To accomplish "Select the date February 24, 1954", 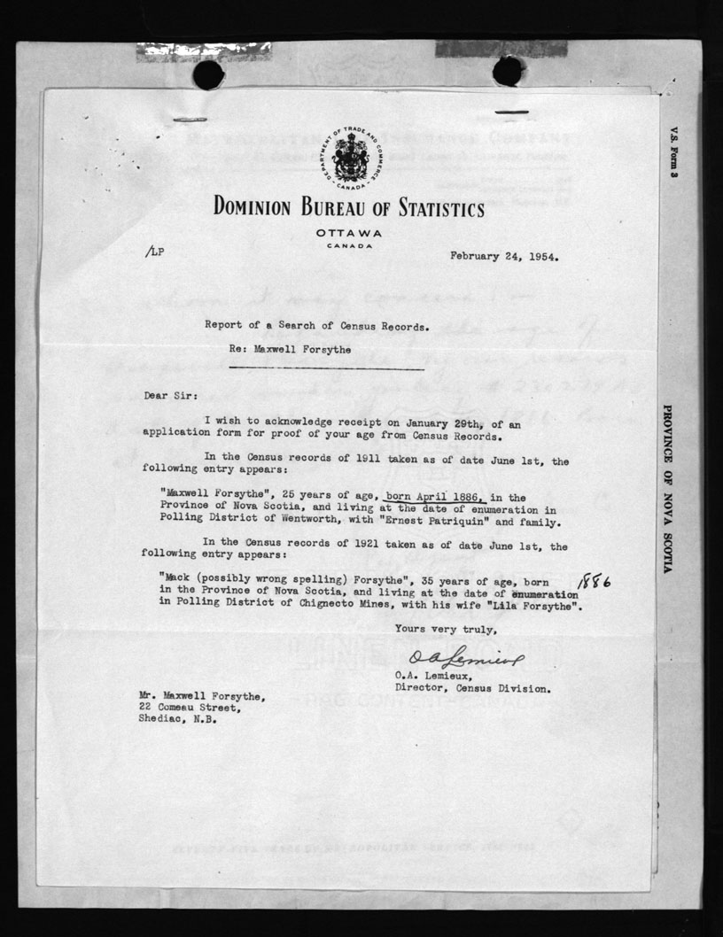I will click(x=509, y=257).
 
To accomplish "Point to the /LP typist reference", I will click(x=155, y=251).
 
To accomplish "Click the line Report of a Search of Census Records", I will click(x=317, y=325).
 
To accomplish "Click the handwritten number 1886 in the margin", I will click(x=599, y=581).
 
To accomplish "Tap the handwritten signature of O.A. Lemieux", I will click(x=467, y=655).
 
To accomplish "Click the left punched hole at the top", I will click(x=208, y=74).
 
